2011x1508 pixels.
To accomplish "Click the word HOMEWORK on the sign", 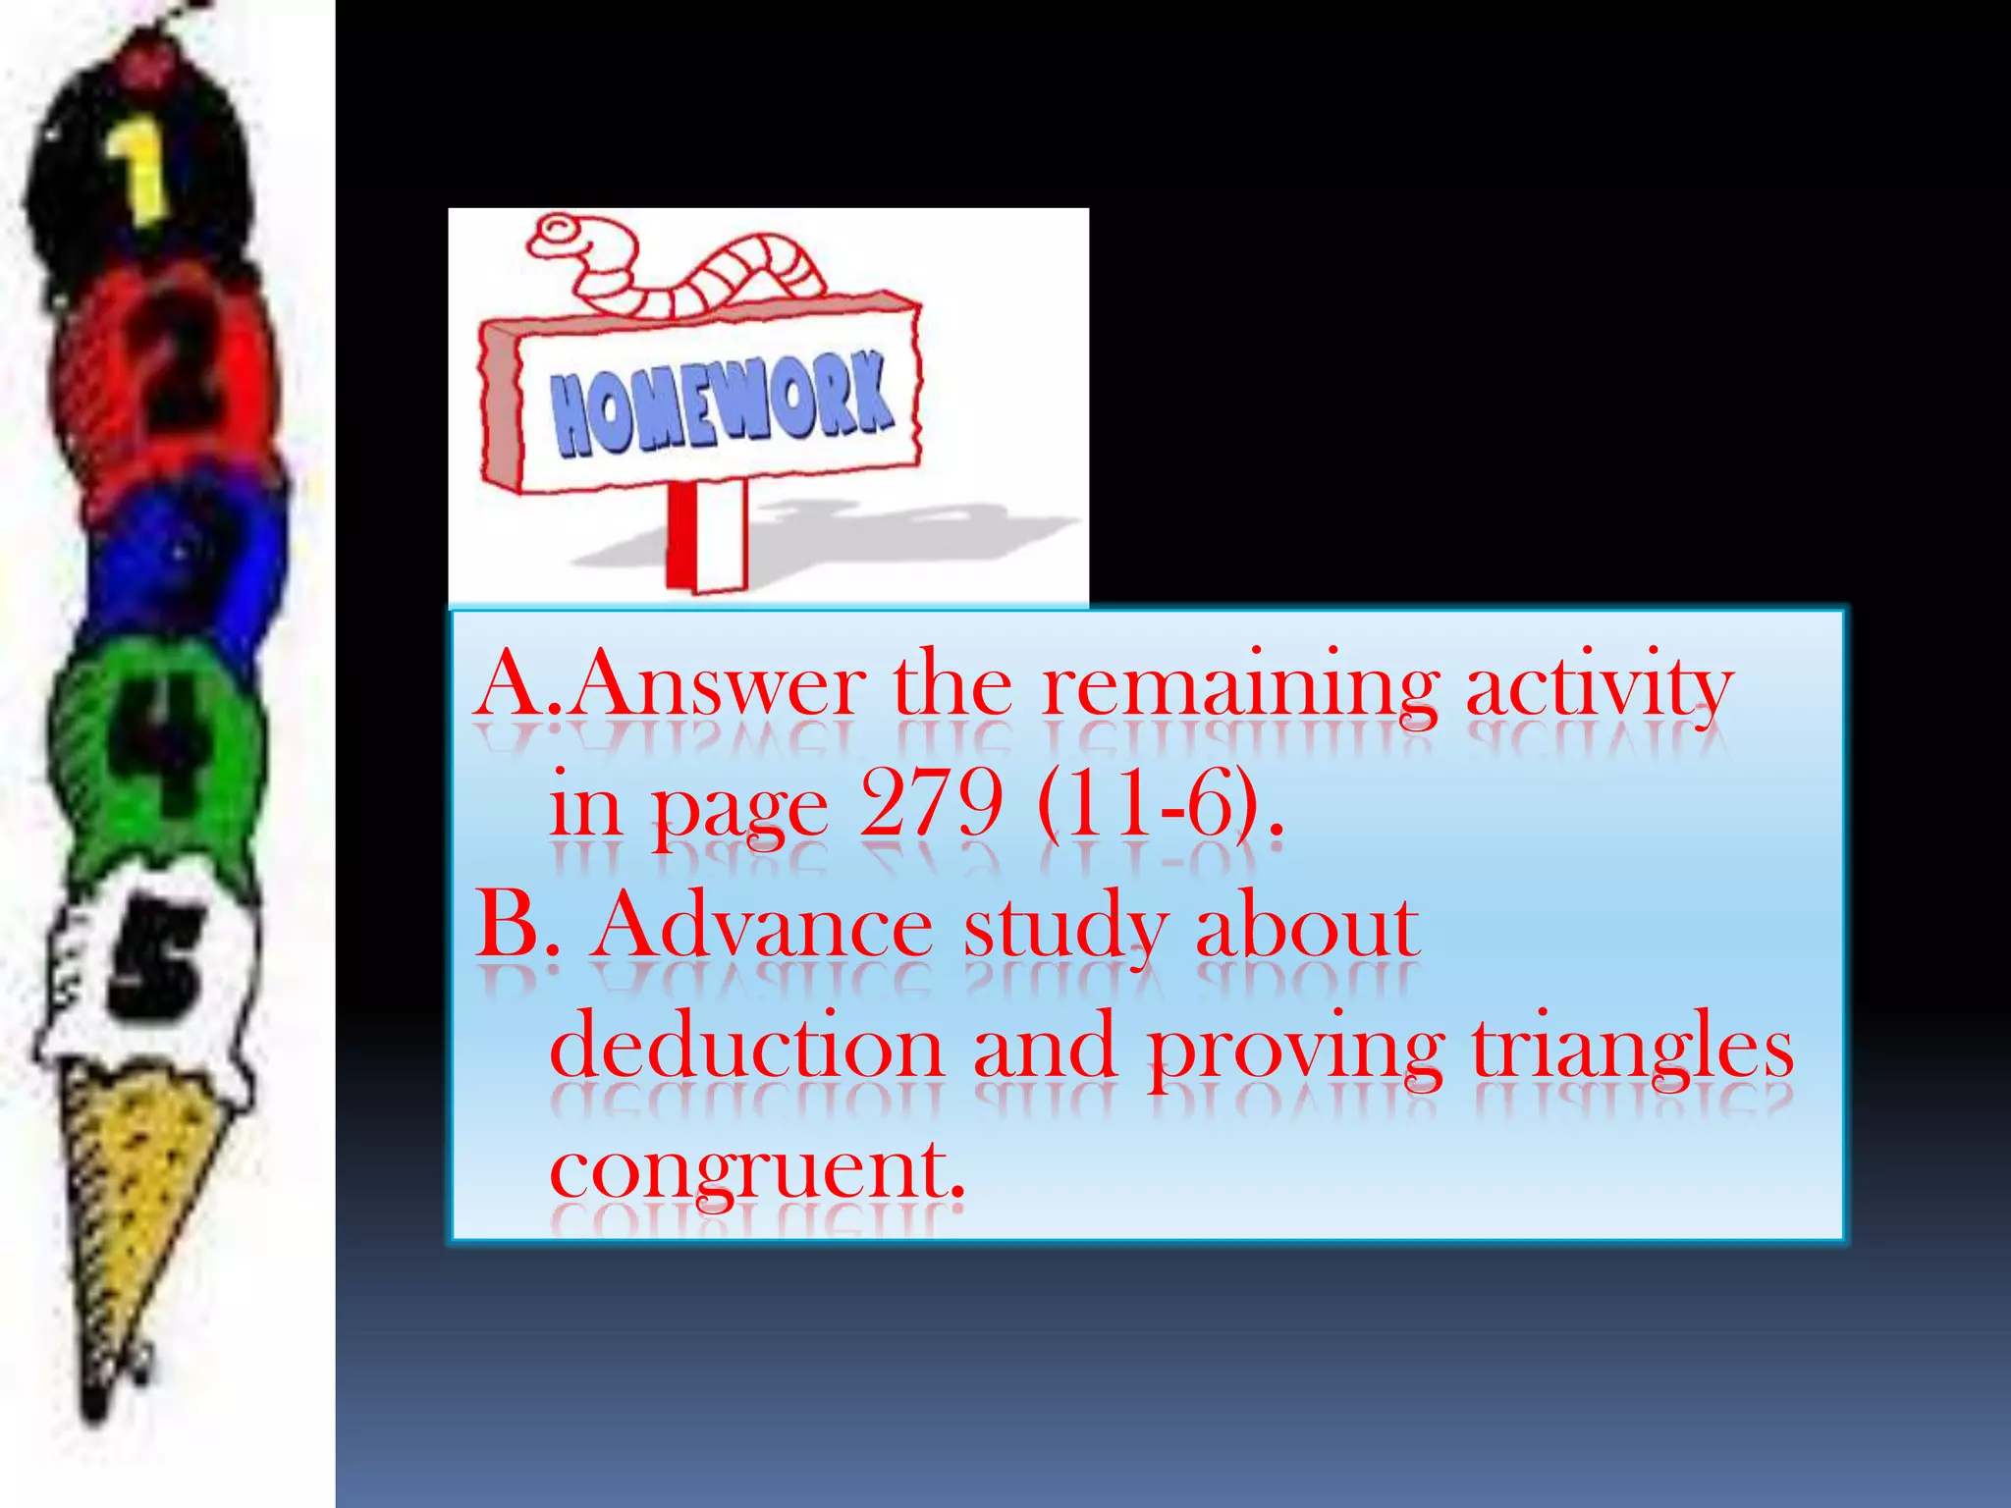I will click(x=722, y=404).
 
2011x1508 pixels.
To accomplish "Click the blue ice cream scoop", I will click(x=187, y=560).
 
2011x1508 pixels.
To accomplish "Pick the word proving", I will click(x=1296, y=1050).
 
